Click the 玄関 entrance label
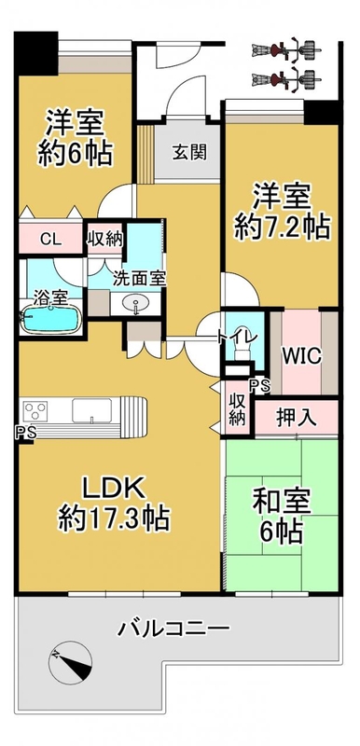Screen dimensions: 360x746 tap(189, 152)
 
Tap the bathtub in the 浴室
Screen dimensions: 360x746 tap(51, 318)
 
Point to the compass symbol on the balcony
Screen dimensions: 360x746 tap(70, 660)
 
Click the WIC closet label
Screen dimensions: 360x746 tap(301, 355)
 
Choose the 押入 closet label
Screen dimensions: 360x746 tap(296, 418)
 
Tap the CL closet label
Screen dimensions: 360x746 tap(51, 240)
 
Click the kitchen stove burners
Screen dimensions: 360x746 tap(35, 410)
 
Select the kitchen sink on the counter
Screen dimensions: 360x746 tap(91, 410)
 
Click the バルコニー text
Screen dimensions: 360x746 tap(173, 629)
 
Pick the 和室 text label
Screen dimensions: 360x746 tap(282, 505)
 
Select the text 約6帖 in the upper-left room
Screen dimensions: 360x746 tap(76, 153)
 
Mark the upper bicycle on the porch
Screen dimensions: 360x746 tap(285, 49)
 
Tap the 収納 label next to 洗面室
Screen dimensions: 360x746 tap(104, 240)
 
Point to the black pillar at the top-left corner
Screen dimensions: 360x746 tap(36, 52)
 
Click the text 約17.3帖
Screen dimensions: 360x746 tap(114, 518)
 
